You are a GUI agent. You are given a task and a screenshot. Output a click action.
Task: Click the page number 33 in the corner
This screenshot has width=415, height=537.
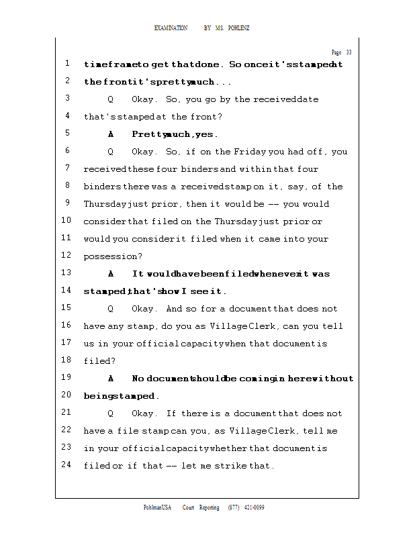click(349, 52)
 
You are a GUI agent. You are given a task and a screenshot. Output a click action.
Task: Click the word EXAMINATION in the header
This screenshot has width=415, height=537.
click(171, 28)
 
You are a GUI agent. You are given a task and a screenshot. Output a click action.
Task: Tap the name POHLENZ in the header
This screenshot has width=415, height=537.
click(239, 28)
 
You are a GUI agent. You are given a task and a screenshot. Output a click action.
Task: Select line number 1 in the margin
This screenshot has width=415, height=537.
click(68, 64)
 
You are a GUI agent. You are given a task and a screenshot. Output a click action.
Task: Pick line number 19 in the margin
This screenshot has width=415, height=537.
click(66, 378)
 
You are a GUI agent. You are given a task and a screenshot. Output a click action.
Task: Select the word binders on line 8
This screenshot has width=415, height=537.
click(101, 187)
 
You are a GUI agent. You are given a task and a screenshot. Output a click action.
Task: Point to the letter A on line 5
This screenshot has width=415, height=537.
click(111, 134)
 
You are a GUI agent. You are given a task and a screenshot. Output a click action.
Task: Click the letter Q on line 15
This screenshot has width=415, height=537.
click(111, 309)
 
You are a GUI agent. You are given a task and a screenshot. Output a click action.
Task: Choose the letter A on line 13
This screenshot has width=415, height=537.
click(111, 274)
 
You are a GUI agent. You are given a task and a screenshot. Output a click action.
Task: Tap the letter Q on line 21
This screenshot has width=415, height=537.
click(111, 413)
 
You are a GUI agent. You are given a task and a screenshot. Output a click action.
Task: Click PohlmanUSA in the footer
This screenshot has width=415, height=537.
click(158, 507)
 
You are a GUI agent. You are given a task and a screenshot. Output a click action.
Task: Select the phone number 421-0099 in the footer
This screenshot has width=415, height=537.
click(254, 507)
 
